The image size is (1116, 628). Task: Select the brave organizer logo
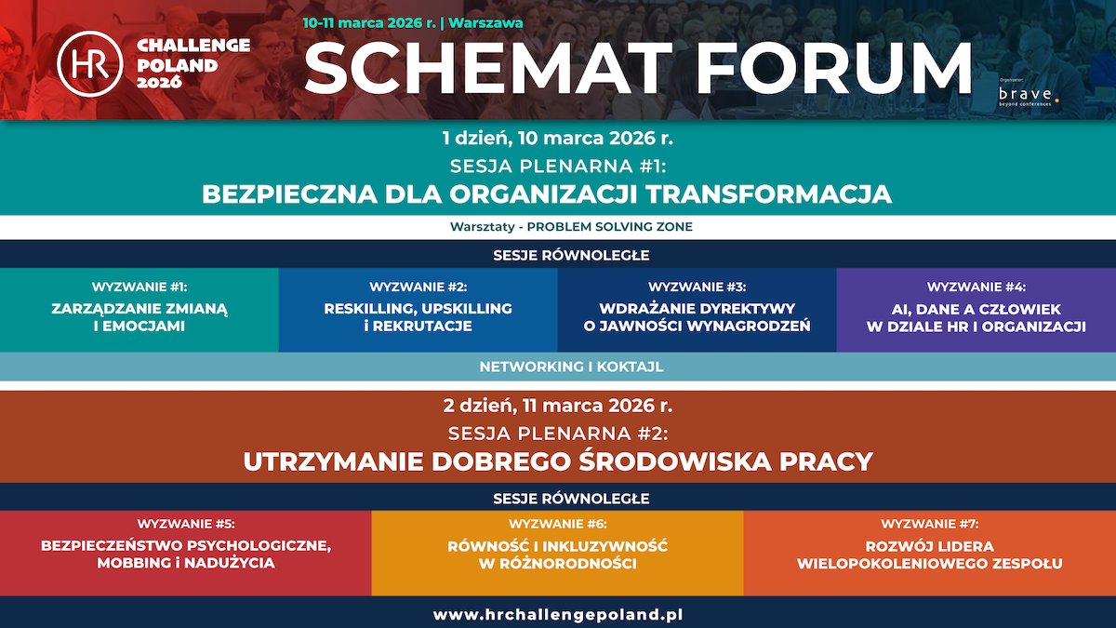click(1026, 95)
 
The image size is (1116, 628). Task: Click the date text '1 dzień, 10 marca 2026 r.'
click(557, 140)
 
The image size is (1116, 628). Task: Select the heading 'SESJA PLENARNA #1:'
click(558, 167)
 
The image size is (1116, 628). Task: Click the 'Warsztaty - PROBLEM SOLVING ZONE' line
click(558, 227)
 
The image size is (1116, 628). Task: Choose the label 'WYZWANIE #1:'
click(139, 287)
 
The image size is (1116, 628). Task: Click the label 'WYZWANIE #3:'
click(697, 287)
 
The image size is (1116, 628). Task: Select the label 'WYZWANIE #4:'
click(976, 287)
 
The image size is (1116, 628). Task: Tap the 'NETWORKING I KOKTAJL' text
click(558, 367)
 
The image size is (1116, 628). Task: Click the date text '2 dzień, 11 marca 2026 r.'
click(557, 406)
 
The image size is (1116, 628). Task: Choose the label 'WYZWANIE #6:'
click(558, 524)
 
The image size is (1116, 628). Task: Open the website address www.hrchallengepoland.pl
click(558, 615)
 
